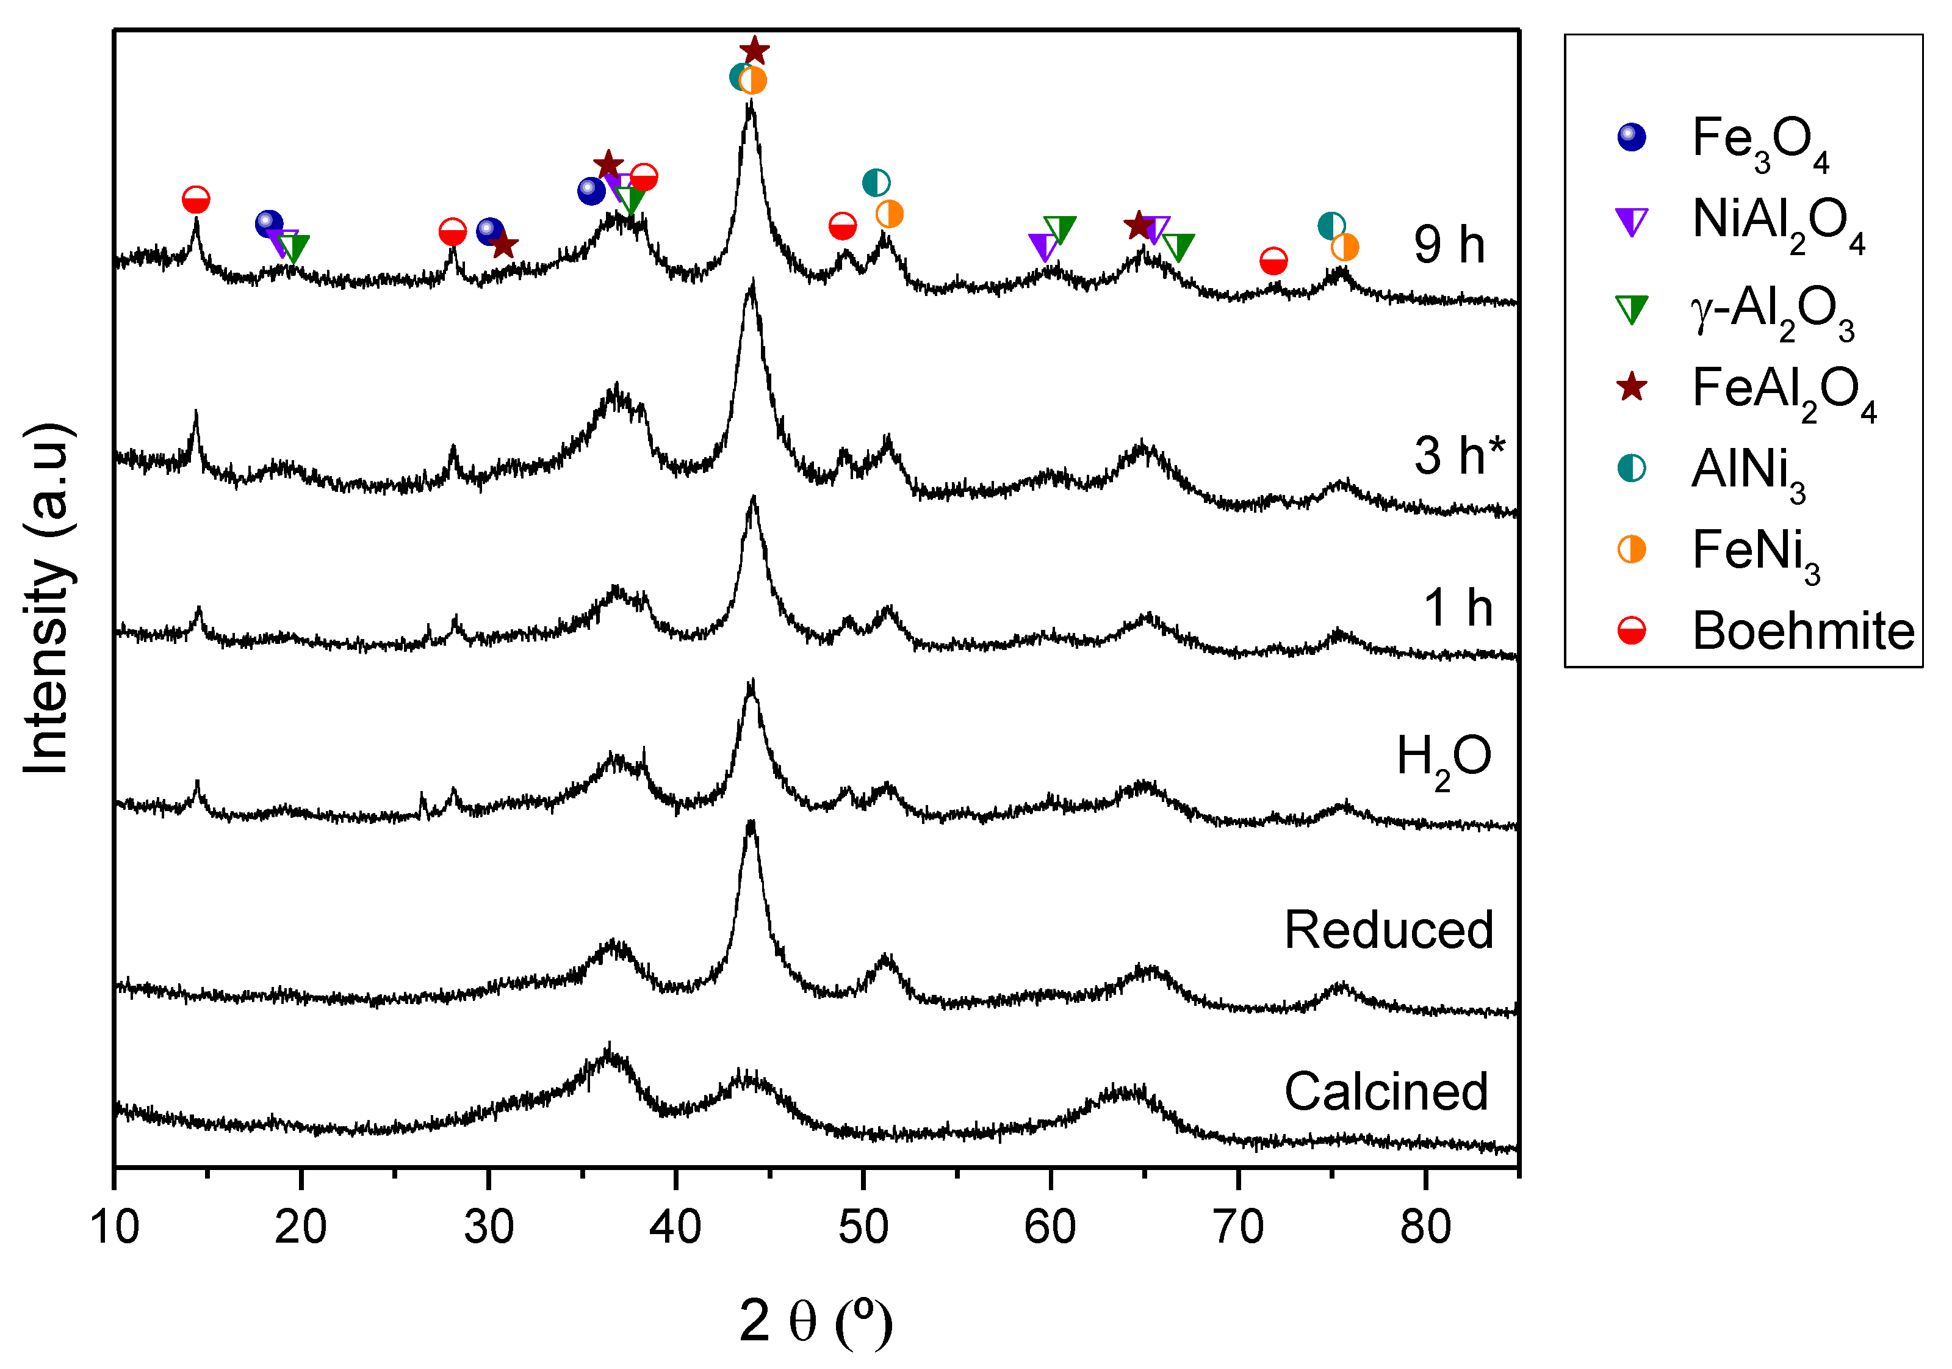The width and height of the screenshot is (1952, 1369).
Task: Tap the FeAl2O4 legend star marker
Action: pos(1630,388)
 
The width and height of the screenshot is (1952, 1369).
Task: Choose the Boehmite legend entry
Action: pos(1803,631)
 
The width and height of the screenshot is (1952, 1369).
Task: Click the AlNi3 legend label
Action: pos(1748,470)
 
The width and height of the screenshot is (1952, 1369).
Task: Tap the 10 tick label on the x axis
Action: pos(114,1226)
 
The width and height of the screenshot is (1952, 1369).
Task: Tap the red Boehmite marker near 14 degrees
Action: pos(196,200)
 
